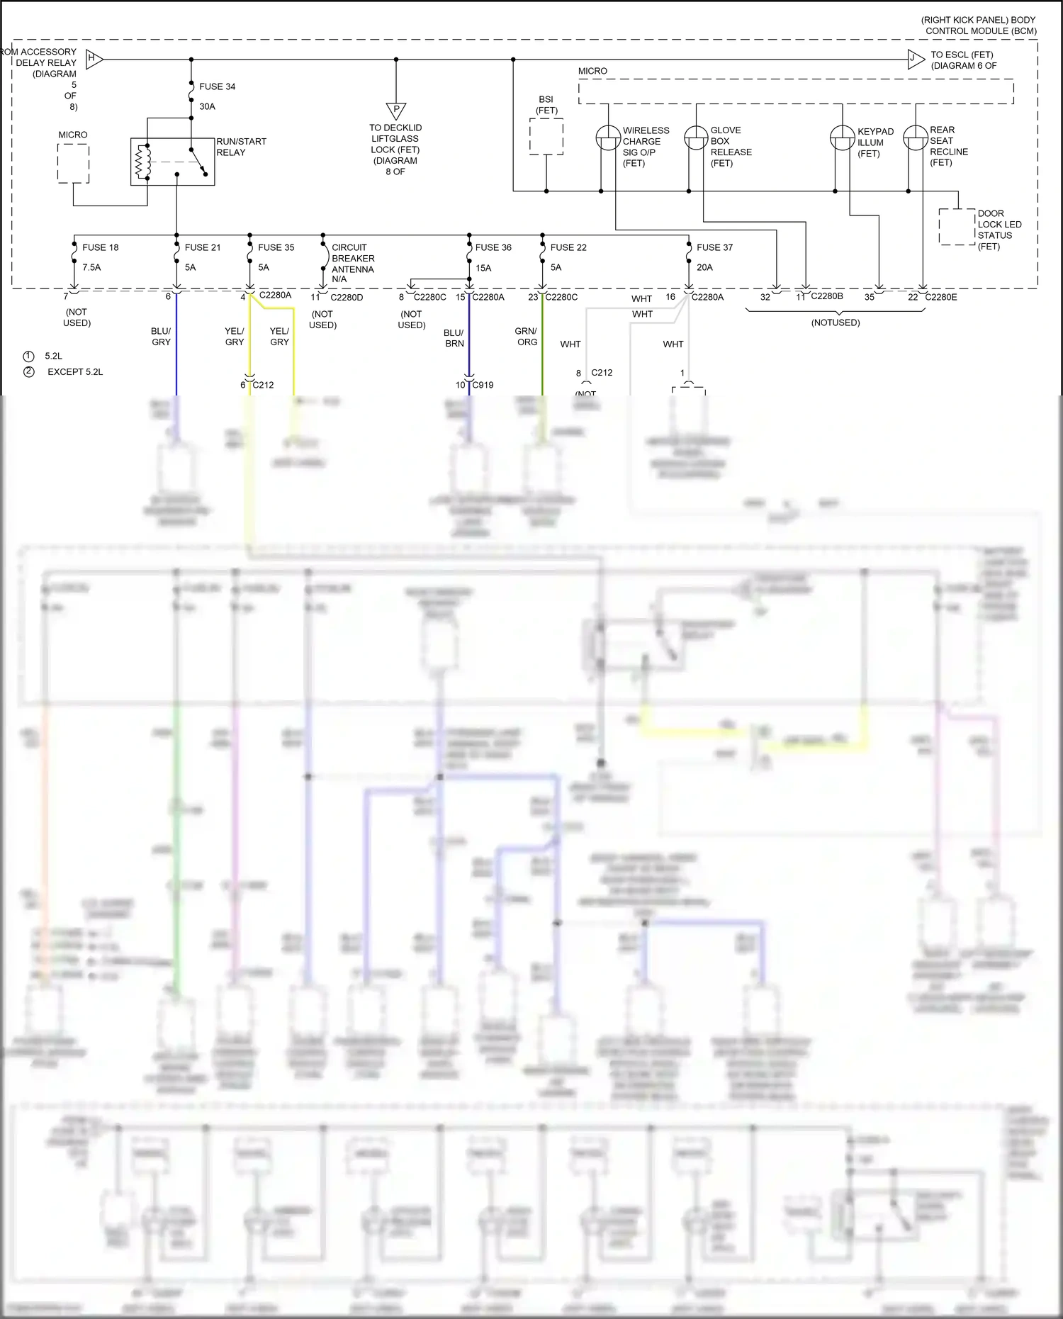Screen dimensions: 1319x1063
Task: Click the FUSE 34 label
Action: coord(217,86)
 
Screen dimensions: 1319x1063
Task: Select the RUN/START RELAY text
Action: coord(241,147)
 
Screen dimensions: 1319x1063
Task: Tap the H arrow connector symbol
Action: coord(94,59)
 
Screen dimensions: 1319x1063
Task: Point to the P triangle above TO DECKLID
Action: coord(396,111)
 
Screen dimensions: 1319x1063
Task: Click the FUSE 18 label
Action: coord(100,247)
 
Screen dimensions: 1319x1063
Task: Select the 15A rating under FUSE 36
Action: coord(483,268)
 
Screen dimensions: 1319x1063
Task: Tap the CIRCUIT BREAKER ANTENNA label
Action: coord(353,263)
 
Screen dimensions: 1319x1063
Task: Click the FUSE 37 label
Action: coord(714,247)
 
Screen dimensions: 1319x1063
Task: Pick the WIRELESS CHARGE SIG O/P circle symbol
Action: coord(608,137)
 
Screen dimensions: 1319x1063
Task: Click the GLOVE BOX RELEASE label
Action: coord(731,147)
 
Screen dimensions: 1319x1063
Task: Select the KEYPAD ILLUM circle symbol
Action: coord(842,137)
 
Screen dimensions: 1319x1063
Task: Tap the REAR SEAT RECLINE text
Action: coord(948,146)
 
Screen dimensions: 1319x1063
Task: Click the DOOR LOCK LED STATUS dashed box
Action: coord(957,227)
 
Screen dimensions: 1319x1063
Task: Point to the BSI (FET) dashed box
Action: coord(546,136)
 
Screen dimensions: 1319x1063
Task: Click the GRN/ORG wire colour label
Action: coord(526,337)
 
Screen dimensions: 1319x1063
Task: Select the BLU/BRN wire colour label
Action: coord(454,338)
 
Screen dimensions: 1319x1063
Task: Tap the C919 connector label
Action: coord(483,385)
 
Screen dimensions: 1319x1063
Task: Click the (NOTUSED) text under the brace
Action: coord(836,322)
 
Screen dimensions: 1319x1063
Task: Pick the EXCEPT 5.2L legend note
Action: coord(75,371)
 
